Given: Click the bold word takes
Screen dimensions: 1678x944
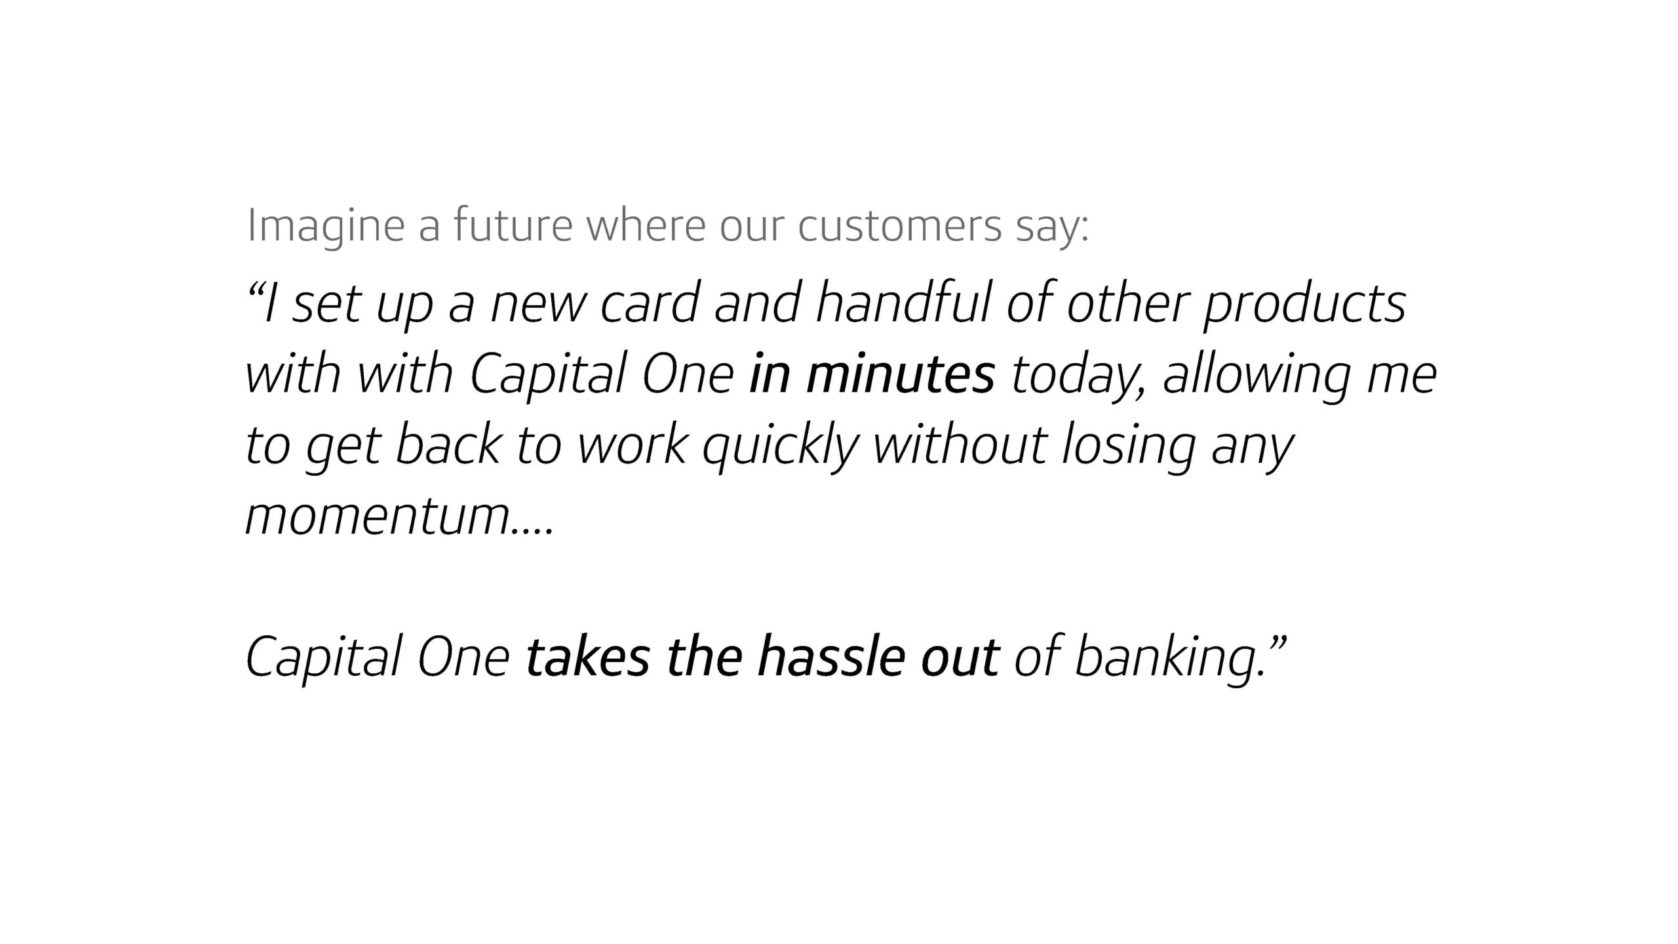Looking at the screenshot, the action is point(587,658).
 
